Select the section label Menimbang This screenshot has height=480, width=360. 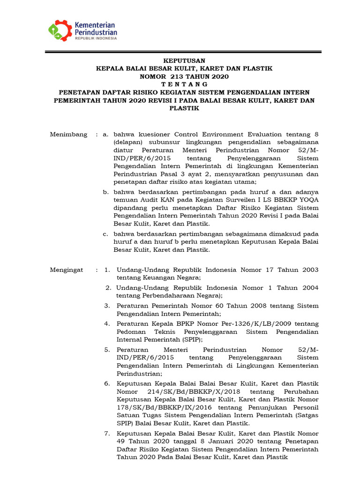[68, 135]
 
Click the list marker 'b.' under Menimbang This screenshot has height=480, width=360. [106, 192]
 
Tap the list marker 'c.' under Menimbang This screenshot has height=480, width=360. [106, 234]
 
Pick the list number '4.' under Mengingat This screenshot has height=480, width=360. [107, 324]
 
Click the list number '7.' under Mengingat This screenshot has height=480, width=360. [107, 433]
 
